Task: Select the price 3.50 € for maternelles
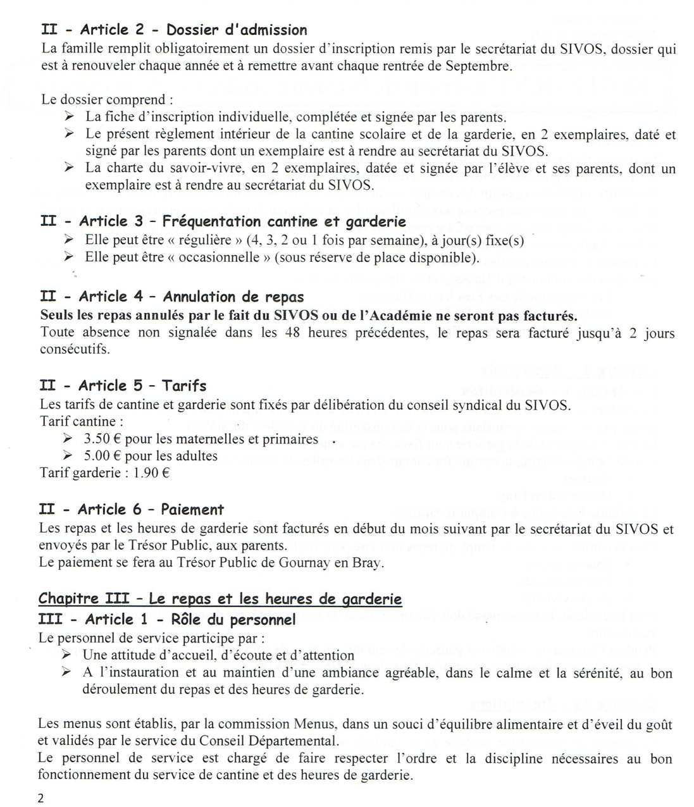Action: [x=97, y=439]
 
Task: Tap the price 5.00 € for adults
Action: [x=97, y=455]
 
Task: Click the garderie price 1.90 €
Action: [x=152, y=472]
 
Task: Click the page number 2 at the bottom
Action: [x=41, y=798]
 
